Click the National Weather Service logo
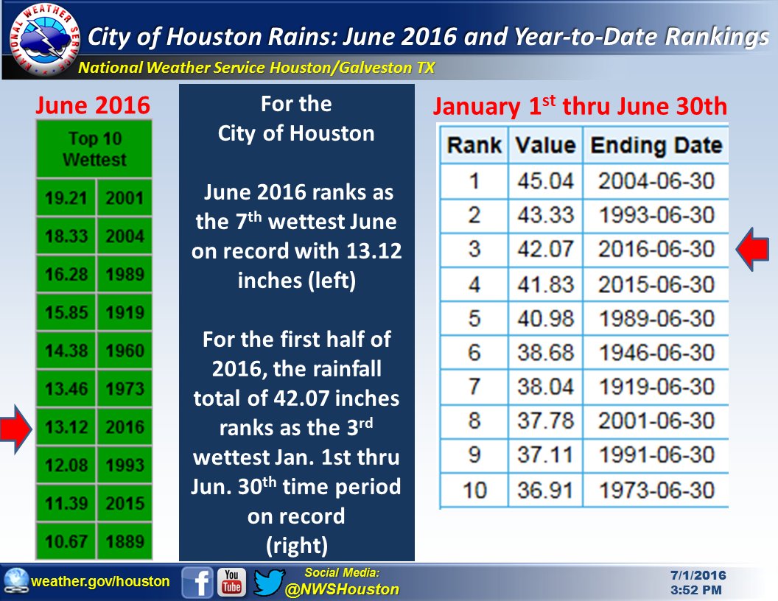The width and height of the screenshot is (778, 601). [x=40, y=39]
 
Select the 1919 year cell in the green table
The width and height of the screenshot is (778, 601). [x=125, y=313]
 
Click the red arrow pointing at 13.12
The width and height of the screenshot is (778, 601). [x=16, y=427]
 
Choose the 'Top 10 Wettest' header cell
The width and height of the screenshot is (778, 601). [x=94, y=150]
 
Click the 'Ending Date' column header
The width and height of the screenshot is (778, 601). [x=656, y=145]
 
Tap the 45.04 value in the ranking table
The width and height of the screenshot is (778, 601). [x=545, y=180]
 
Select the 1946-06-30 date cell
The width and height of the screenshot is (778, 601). [x=656, y=353]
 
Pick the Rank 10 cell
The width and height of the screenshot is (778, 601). [x=474, y=491]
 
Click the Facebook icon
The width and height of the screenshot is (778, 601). [x=197, y=582]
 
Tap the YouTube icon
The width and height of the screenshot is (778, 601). [x=233, y=582]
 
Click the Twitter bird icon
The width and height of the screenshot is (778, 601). [x=268, y=582]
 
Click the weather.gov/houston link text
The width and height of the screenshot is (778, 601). [x=100, y=582]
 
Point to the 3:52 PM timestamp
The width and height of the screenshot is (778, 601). [x=696, y=590]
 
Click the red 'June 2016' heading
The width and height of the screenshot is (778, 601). [x=94, y=106]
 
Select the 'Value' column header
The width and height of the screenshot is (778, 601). [x=545, y=145]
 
